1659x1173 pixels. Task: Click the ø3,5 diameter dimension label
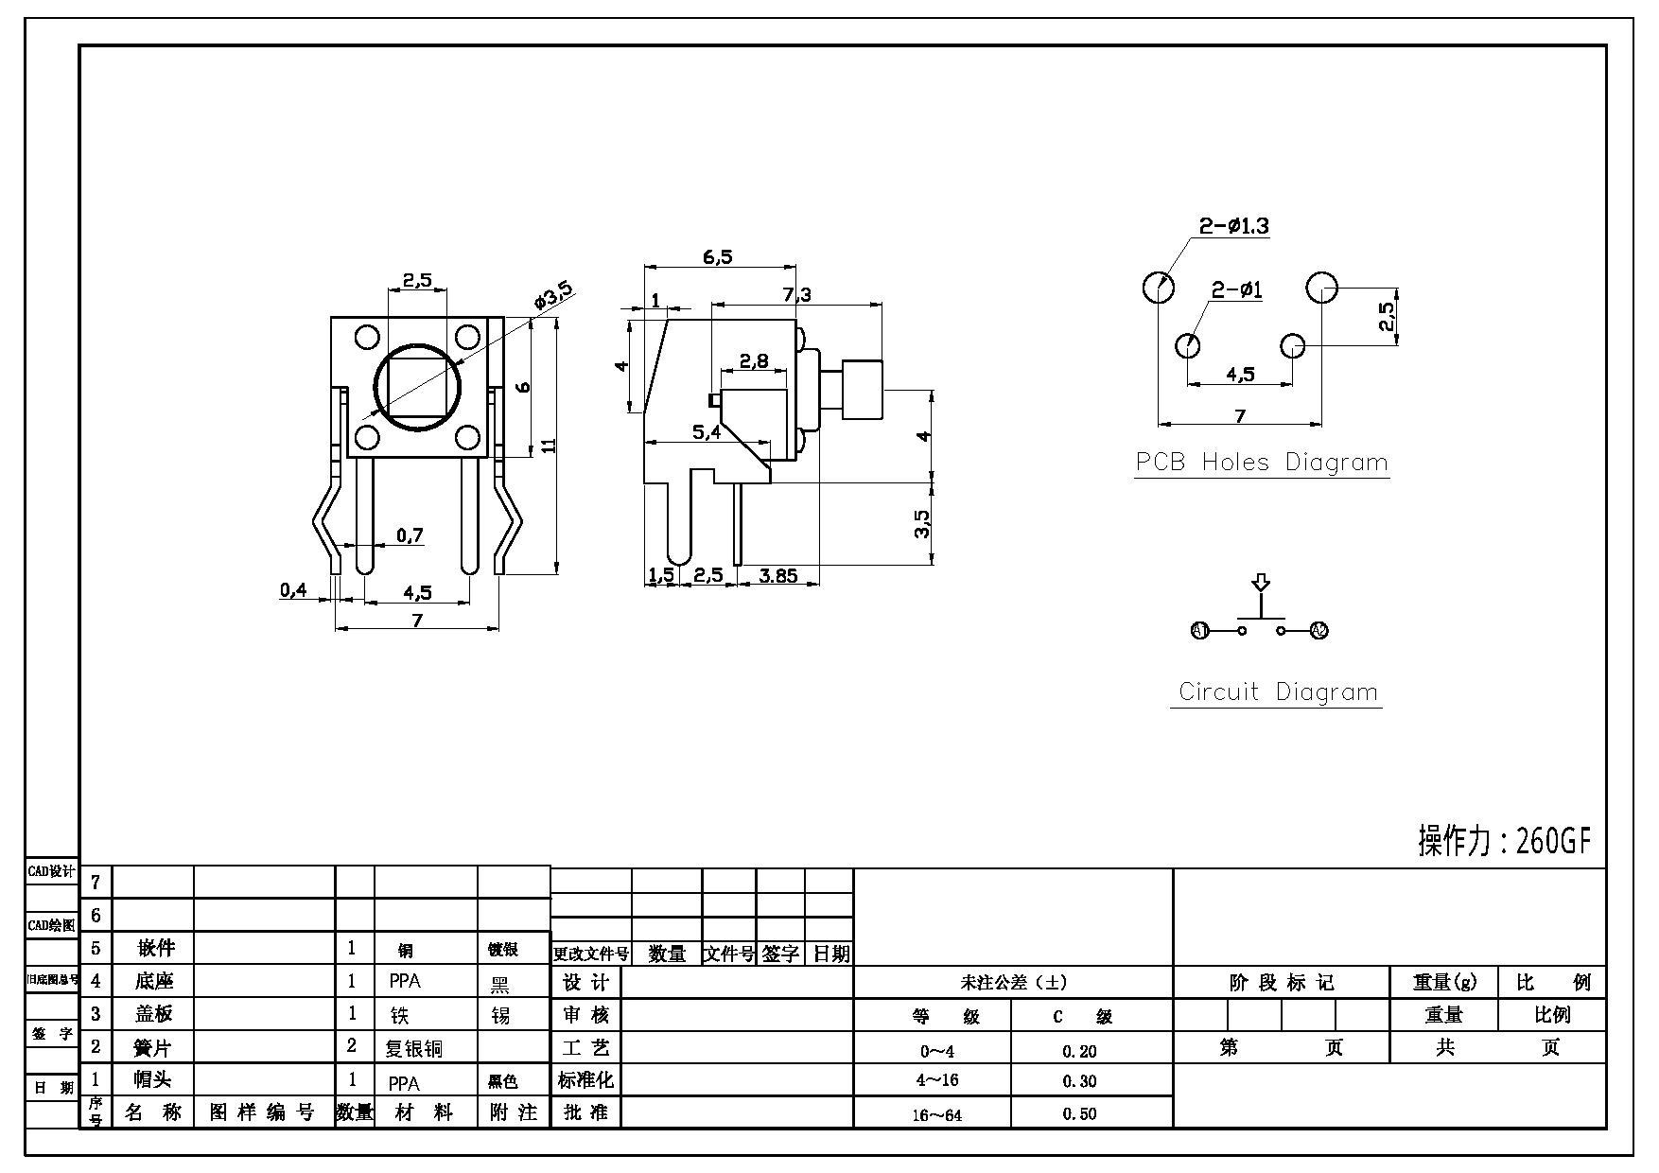pyautogui.click(x=553, y=296)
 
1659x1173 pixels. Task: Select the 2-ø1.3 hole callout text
pyautogui.click(x=1233, y=226)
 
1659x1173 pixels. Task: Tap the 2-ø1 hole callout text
pyautogui.click(x=1237, y=289)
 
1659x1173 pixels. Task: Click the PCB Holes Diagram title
pyautogui.click(x=1262, y=463)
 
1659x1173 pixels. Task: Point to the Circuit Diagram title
pyautogui.click(x=1277, y=692)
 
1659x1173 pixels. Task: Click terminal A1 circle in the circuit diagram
pyautogui.click(x=1199, y=630)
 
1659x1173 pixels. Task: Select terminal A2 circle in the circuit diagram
pyautogui.click(x=1318, y=630)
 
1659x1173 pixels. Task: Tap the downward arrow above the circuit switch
pyautogui.click(x=1260, y=583)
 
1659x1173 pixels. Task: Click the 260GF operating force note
pyautogui.click(x=1505, y=840)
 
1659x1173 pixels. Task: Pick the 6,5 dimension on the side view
pyautogui.click(x=718, y=256)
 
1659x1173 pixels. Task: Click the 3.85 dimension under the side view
pyautogui.click(x=777, y=575)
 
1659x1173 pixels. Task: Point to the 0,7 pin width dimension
pyautogui.click(x=410, y=535)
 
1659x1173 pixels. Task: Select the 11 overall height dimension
pyautogui.click(x=549, y=444)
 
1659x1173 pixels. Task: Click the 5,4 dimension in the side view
pyautogui.click(x=707, y=432)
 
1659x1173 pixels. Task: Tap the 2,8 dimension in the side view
pyautogui.click(x=754, y=360)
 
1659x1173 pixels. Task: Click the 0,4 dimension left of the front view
pyautogui.click(x=293, y=590)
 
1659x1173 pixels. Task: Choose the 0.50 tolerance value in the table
pyautogui.click(x=1079, y=1113)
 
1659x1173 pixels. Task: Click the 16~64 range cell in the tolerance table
pyautogui.click(x=936, y=1114)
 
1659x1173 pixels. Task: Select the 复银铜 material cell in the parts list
pyautogui.click(x=413, y=1047)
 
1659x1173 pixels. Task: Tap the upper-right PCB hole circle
pyautogui.click(x=1321, y=287)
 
